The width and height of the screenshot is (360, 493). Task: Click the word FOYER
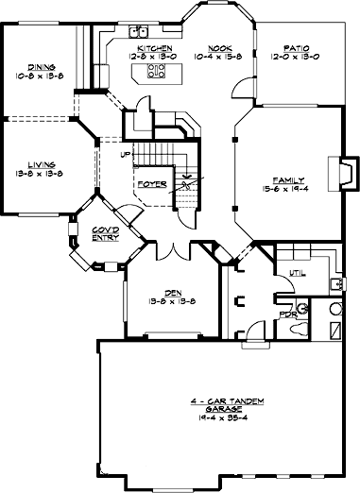click(x=151, y=183)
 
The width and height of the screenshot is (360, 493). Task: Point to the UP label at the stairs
click(x=126, y=154)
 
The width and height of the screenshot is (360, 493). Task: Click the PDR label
click(x=289, y=310)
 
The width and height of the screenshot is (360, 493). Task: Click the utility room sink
click(x=338, y=284)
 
